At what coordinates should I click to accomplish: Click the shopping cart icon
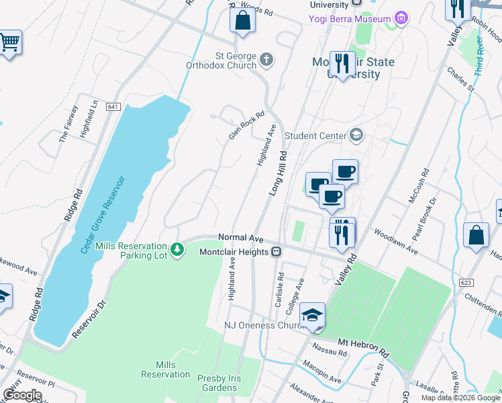9,44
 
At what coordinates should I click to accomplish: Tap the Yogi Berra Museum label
349,19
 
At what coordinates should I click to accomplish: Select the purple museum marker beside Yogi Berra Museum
401,17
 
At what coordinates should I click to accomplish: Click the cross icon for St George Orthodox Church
266,60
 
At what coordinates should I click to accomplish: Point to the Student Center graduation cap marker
356,135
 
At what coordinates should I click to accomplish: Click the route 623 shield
466,283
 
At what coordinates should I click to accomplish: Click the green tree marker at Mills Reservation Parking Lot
177,250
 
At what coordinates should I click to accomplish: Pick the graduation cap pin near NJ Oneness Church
312,315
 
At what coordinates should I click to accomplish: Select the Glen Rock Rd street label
247,125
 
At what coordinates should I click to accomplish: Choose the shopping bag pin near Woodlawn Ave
476,236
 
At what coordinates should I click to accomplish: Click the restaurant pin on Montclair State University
343,64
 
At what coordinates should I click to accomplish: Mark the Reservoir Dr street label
89,319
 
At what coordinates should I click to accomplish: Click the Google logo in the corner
22,394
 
